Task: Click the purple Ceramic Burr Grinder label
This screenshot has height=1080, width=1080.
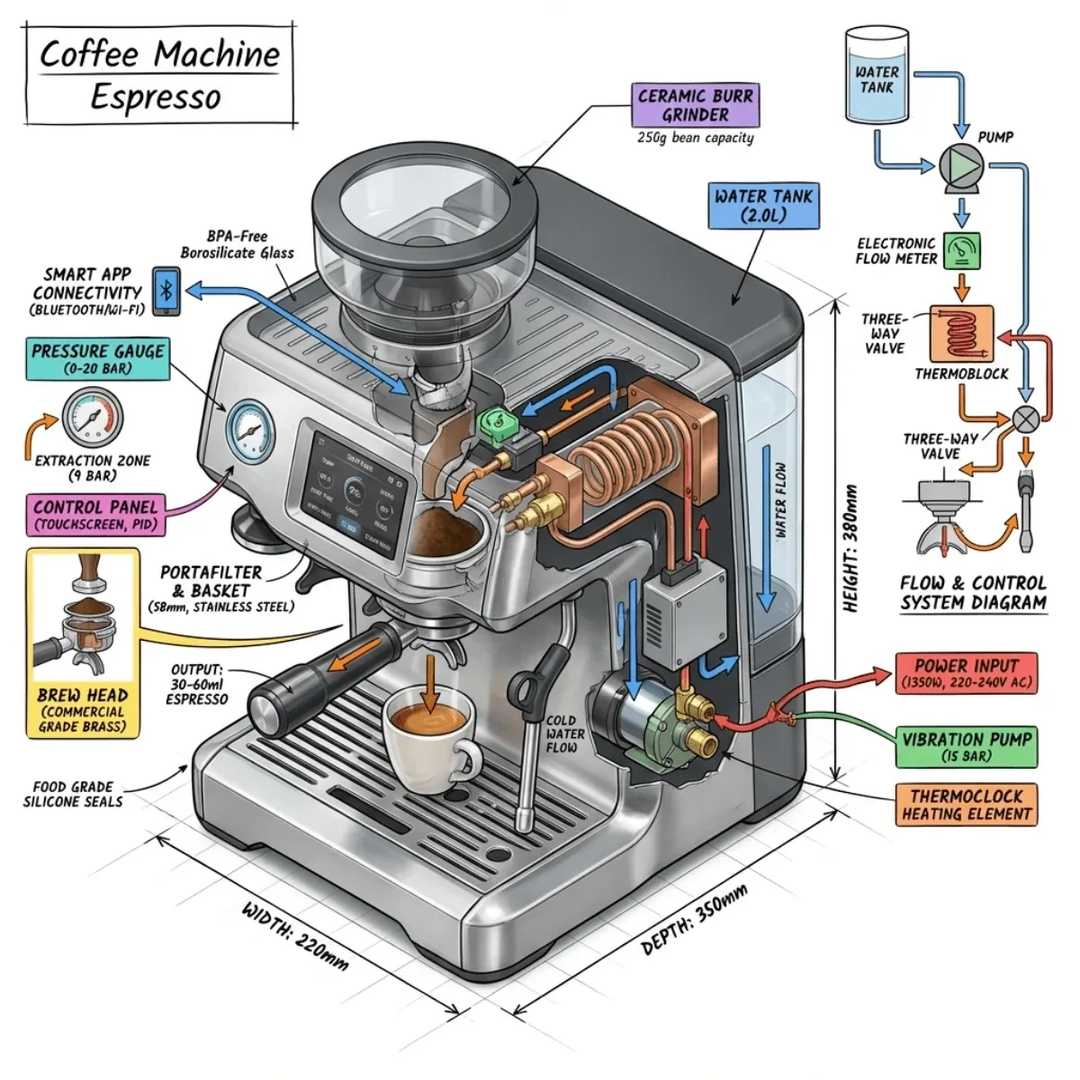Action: point(695,104)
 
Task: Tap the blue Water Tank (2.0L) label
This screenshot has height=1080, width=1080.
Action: point(763,205)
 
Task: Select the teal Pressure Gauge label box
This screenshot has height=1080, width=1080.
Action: point(97,359)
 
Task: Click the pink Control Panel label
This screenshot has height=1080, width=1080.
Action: point(95,515)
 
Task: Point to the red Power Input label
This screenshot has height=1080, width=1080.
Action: point(966,673)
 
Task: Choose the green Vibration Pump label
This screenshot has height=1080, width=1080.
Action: point(967,747)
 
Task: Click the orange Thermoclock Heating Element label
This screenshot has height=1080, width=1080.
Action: point(967,805)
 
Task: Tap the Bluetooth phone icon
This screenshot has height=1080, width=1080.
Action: point(166,290)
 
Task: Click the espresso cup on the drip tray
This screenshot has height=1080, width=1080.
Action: point(428,733)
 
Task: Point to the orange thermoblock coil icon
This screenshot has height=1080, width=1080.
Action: point(962,334)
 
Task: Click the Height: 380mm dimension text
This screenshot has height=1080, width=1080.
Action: point(850,549)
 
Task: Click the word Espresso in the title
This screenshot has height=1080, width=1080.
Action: point(155,97)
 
